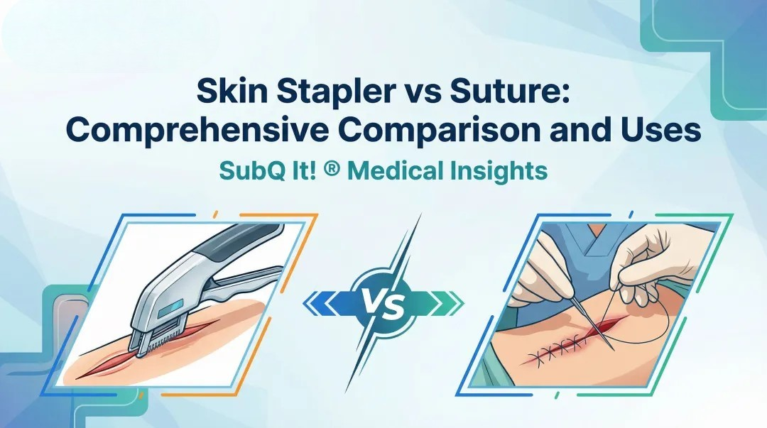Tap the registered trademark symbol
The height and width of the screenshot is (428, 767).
[338, 172]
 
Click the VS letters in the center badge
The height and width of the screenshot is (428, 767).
[384, 304]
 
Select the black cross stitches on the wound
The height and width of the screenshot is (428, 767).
[561, 350]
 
